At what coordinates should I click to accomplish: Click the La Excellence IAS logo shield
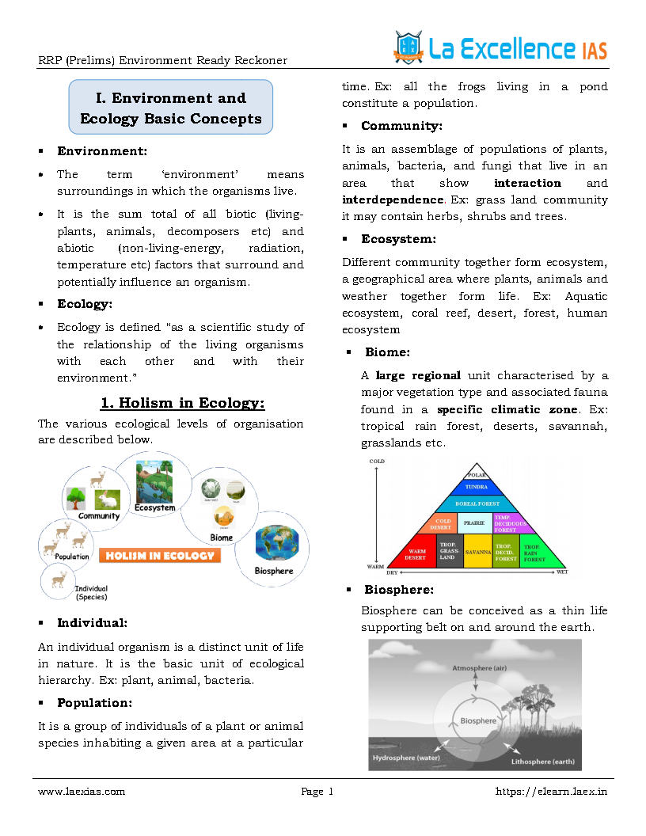408,47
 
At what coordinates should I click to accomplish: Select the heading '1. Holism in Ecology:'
183,403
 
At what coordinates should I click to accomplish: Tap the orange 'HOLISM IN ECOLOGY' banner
159,555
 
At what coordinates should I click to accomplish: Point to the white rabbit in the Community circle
107,500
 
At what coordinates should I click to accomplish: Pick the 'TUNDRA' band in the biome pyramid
477,487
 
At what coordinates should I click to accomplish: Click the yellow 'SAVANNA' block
477,551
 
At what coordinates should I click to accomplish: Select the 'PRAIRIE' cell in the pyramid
473,522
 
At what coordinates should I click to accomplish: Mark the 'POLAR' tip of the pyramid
477,474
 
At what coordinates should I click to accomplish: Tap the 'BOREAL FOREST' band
477,503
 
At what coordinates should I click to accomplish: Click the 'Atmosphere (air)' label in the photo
479,668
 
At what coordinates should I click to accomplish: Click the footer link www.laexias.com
82,791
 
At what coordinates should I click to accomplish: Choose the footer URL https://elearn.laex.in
551,791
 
